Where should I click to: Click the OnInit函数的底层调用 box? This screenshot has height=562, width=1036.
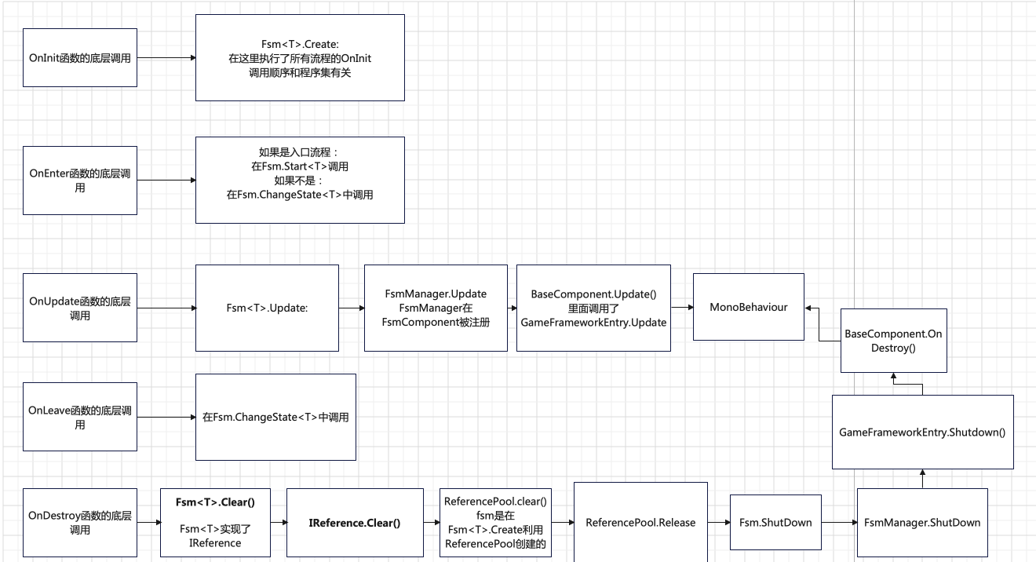pos(80,58)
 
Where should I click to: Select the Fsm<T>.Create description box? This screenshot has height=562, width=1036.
pos(300,58)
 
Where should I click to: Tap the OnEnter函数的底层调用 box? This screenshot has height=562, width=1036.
pos(80,180)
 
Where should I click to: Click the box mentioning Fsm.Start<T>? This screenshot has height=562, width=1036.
pos(300,180)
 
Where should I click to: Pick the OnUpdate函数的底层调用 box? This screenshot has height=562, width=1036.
pos(80,308)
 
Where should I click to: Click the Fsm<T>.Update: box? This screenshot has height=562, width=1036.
pos(267,308)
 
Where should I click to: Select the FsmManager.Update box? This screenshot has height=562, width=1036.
pos(436,308)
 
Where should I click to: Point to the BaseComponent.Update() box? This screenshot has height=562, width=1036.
pos(593,308)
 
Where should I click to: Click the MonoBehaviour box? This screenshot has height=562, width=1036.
pos(749,307)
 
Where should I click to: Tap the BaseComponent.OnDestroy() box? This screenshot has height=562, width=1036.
pos(893,340)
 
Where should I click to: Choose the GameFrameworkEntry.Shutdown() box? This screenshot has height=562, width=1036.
pos(922,432)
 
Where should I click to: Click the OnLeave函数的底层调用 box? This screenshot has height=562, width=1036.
pos(80,417)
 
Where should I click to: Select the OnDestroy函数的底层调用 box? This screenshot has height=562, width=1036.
pos(80,523)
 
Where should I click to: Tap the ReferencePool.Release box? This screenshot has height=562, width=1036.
pos(640,523)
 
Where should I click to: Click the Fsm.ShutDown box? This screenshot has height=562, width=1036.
pos(775,523)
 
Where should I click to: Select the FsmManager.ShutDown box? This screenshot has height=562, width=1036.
pos(922,523)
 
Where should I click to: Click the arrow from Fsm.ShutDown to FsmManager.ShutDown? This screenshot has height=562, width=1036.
pos(839,523)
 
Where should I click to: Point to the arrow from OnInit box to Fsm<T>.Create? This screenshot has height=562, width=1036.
pos(166,58)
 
